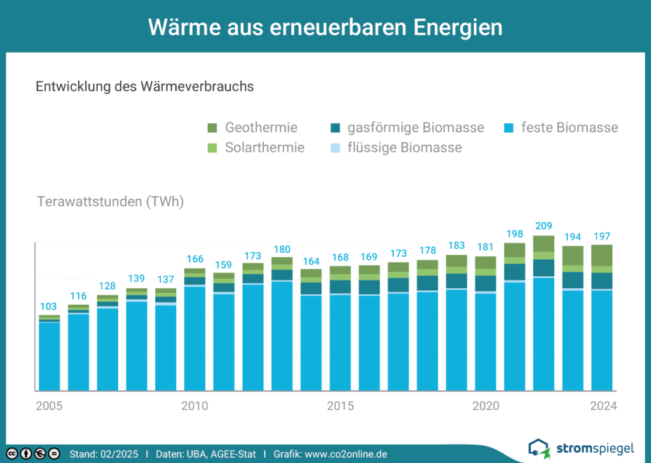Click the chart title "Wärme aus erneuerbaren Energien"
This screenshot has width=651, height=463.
(x=325, y=27)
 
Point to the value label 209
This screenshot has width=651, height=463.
(x=544, y=226)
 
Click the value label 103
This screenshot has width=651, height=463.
(x=49, y=306)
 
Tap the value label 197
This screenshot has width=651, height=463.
(x=601, y=236)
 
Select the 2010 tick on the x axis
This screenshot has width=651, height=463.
(x=195, y=406)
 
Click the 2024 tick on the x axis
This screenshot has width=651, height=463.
(x=603, y=406)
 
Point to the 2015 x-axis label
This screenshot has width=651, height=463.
(x=340, y=406)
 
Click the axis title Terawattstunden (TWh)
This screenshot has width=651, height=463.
(x=111, y=203)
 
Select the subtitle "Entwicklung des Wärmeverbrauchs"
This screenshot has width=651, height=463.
(x=145, y=87)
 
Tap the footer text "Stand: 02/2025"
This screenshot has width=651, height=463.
(x=104, y=454)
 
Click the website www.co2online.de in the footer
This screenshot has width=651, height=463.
(x=346, y=454)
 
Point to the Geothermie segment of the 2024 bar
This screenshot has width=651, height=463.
(x=602, y=255)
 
